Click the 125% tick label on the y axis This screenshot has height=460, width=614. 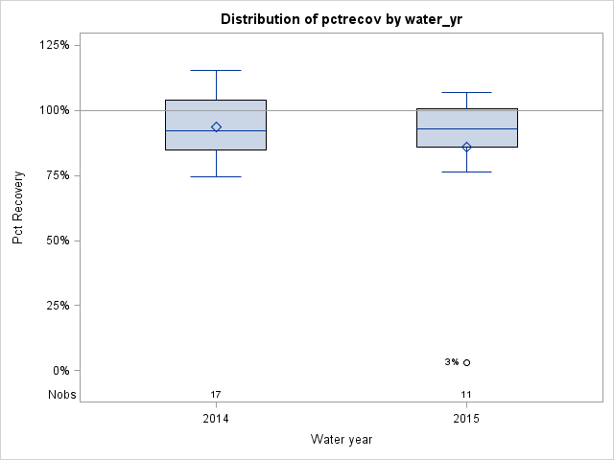(54, 45)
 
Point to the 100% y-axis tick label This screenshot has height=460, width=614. (54, 110)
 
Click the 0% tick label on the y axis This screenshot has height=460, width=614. (59, 371)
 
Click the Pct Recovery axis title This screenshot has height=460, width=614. (18, 208)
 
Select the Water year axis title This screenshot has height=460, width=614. (342, 440)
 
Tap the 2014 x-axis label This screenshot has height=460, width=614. (216, 419)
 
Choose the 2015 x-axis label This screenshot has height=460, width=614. (467, 419)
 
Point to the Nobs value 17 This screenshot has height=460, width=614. (216, 395)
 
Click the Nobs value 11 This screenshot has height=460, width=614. (467, 395)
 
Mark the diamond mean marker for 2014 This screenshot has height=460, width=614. (216, 126)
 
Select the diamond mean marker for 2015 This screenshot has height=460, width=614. (467, 147)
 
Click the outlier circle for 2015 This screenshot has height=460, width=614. (467, 362)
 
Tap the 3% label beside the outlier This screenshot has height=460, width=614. (452, 362)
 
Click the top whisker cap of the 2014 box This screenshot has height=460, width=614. (216, 70)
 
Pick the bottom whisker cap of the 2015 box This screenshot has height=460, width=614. (467, 172)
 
